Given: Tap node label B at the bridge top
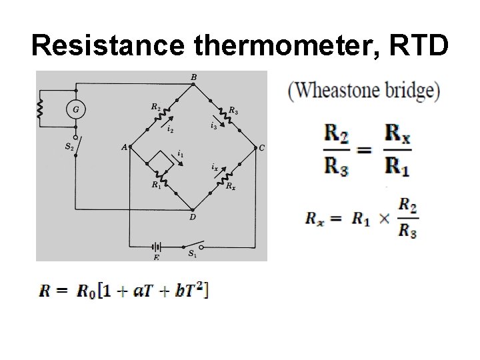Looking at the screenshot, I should click(x=193, y=77).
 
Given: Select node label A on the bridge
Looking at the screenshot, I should click(x=124, y=147).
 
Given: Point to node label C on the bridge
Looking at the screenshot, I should click(x=261, y=147).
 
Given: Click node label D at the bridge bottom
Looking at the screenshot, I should click(x=193, y=216).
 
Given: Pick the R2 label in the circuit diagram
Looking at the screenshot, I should click(x=155, y=106).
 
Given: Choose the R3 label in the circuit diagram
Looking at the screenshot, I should click(x=233, y=111).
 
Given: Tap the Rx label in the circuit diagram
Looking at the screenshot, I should click(x=230, y=186).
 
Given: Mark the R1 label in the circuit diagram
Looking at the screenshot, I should click(x=155, y=185).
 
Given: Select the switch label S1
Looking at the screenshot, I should click(x=192, y=253).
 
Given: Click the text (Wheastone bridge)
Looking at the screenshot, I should click(x=364, y=91).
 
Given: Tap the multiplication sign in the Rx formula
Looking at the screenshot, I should click(x=384, y=219).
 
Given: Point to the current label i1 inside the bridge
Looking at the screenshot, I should click(x=181, y=154).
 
